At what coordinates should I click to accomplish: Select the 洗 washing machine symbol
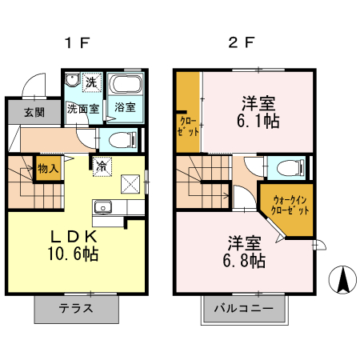[x=92, y=82]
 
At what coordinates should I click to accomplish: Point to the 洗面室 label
[x=82, y=108]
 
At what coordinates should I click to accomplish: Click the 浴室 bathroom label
[x=125, y=107]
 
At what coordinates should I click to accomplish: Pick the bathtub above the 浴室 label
[x=125, y=85]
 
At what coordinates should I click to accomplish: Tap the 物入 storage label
[x=48, y=169]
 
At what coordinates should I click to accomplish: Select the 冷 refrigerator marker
[x=102, y=166]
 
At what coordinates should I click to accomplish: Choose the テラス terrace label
[x=76, y=308]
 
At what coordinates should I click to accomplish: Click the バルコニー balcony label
[x=243, y=308]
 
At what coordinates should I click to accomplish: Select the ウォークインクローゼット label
[x=286, y=205]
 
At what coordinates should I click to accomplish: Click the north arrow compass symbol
[x=342, y=280]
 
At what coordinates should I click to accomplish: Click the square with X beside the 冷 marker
[x=129, y=183]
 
